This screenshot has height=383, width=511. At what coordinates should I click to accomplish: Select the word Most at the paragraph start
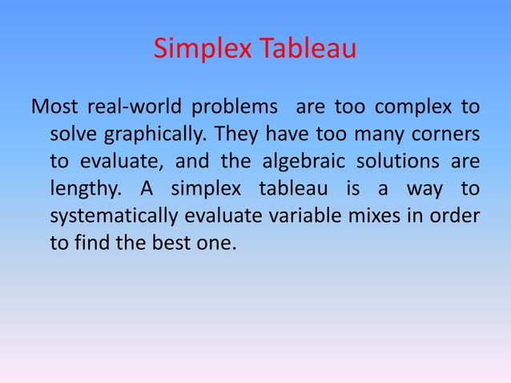click(x=53, y=107)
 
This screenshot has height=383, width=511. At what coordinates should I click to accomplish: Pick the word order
click(x=456, y=216)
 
